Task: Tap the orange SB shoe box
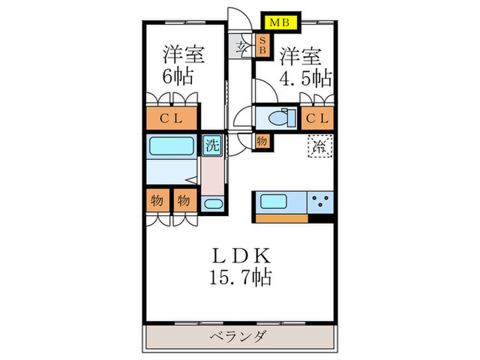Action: tap(262, 47)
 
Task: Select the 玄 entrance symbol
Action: tap(243, 47)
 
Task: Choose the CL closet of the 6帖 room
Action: tap(171, 119)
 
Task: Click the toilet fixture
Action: tap(278, 118)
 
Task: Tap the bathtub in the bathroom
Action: tap(171, 146)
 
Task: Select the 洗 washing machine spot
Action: tap(211, 145)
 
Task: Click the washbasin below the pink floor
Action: tap(213, 204)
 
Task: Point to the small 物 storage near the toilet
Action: tap(262, 141)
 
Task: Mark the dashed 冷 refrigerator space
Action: tap(319, 146)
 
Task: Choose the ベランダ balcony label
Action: tap(239, 337)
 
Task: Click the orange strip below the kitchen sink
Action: tap(281, 219)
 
